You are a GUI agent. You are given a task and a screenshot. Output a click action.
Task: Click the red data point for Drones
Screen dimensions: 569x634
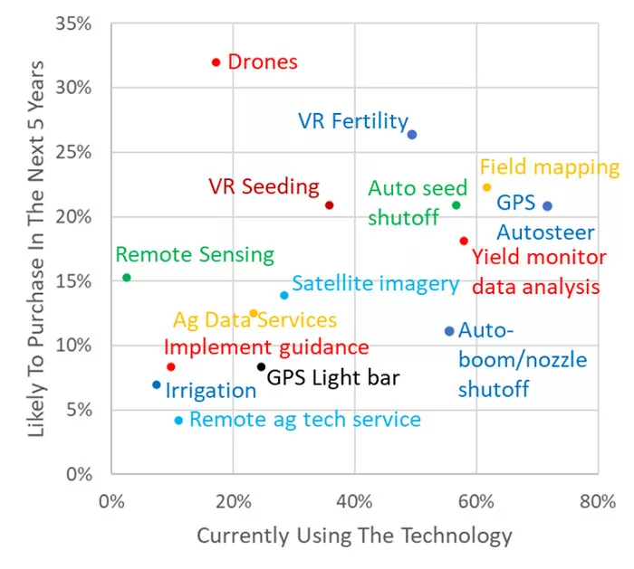pyautogui.click(x=216, y=62)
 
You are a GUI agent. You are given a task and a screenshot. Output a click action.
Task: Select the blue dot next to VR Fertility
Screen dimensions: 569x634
pyautogui.click(x=411, y=135)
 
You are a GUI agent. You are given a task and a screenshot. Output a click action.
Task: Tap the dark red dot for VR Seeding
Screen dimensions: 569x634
pyautogui.click(x=329, y=205)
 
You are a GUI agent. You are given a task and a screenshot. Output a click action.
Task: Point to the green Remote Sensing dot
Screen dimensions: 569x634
pyautogui.click(x=127, y=278)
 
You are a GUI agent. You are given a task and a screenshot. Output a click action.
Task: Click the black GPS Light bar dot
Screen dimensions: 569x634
pyautogui.click(x=261, y=366)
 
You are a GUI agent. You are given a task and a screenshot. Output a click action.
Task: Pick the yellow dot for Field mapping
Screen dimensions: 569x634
pyautogui.click(x=486, y=187)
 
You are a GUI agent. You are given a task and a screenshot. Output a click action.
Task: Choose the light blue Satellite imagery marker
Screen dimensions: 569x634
pyautogui.click(x=284, y=295)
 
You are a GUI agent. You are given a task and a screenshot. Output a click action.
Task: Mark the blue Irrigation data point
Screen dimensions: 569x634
pyautogui.click(x=157, y=384)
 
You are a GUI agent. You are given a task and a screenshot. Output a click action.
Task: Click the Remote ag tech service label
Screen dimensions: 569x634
pyautogui.click(x=304, y=420)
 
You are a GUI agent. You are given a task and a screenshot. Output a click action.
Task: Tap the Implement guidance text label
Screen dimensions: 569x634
pyautogui.click(x=266, y=347)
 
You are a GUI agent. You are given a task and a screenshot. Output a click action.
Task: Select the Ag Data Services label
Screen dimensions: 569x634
pyautogui.click(x=255, y=320)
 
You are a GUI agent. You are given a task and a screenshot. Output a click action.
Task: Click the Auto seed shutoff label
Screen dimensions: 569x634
pyautogui.click(x=418, y=203)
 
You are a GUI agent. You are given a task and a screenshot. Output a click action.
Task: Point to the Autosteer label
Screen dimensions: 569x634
pyautogui.click(x=546, y=232)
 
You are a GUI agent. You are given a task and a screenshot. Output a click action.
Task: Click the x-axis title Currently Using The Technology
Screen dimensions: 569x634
pyautogui.click(x=354, y=536)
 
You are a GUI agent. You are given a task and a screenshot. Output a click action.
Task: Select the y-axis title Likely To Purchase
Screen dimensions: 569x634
pyautogui.click(x=36, y=249)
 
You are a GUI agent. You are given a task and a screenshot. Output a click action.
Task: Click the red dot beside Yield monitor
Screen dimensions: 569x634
pyautogui.click(x=464, y=241)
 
